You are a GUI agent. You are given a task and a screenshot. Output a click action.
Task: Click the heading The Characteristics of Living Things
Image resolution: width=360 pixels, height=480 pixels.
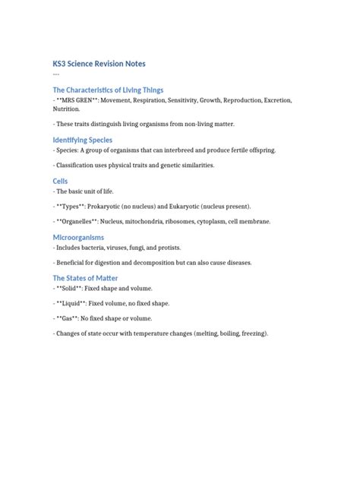click(107, 90)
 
